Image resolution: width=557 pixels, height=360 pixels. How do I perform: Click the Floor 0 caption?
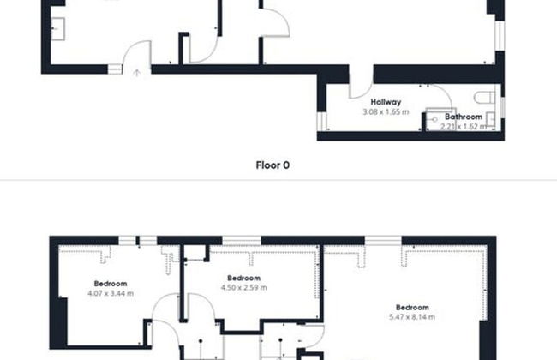(273, 165)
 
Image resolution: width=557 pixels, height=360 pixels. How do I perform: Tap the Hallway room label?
(386, 102)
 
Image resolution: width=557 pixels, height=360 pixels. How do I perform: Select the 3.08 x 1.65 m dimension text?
(386, 112)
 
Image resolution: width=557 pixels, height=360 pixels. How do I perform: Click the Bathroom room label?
(464, 117)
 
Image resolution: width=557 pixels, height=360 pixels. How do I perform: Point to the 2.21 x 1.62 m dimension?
(464, 127)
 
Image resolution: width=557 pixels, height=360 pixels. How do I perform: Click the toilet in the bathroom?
(484, 97)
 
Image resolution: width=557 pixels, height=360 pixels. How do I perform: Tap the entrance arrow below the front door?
(136, 73)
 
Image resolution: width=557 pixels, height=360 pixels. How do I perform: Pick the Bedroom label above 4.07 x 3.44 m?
(111, 284)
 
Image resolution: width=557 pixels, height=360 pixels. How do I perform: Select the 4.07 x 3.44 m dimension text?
(111, 293)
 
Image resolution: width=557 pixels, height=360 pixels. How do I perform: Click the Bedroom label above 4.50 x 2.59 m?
(243, 278)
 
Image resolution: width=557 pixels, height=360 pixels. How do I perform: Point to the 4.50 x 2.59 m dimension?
(243, 287)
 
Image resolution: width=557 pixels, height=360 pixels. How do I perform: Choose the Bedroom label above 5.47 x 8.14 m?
(412, 308)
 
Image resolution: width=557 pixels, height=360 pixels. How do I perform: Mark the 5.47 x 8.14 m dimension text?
(412, 317)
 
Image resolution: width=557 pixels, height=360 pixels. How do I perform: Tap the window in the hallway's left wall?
(321, 121)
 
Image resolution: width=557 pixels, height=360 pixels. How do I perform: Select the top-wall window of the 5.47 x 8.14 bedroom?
(383, 240)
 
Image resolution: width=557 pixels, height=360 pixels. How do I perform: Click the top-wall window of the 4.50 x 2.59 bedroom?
(242, 240)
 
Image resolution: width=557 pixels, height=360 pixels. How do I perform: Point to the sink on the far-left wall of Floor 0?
(57, 29)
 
